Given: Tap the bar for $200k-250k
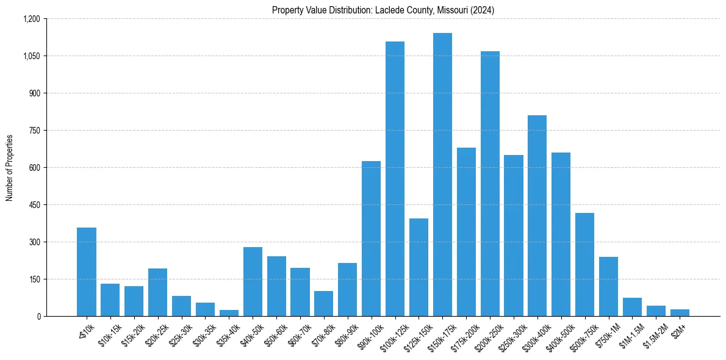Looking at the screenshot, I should click(x=490, y=184).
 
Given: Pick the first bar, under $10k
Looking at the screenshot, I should click(x=87, y=272).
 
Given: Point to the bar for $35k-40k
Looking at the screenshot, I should click(x=229, y=313).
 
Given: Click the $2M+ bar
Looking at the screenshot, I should click(x=680, y=312).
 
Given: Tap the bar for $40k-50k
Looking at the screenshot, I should click(x=253, y=281).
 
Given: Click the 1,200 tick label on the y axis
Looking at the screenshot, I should click(x=32, y=19).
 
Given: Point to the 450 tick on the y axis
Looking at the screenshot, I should click(x=34, y=205).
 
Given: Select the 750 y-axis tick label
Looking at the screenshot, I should click(x=34, y=131).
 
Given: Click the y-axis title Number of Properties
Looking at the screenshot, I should click(x=10, y=168).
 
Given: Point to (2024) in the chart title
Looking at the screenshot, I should click(x=482, y=10).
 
